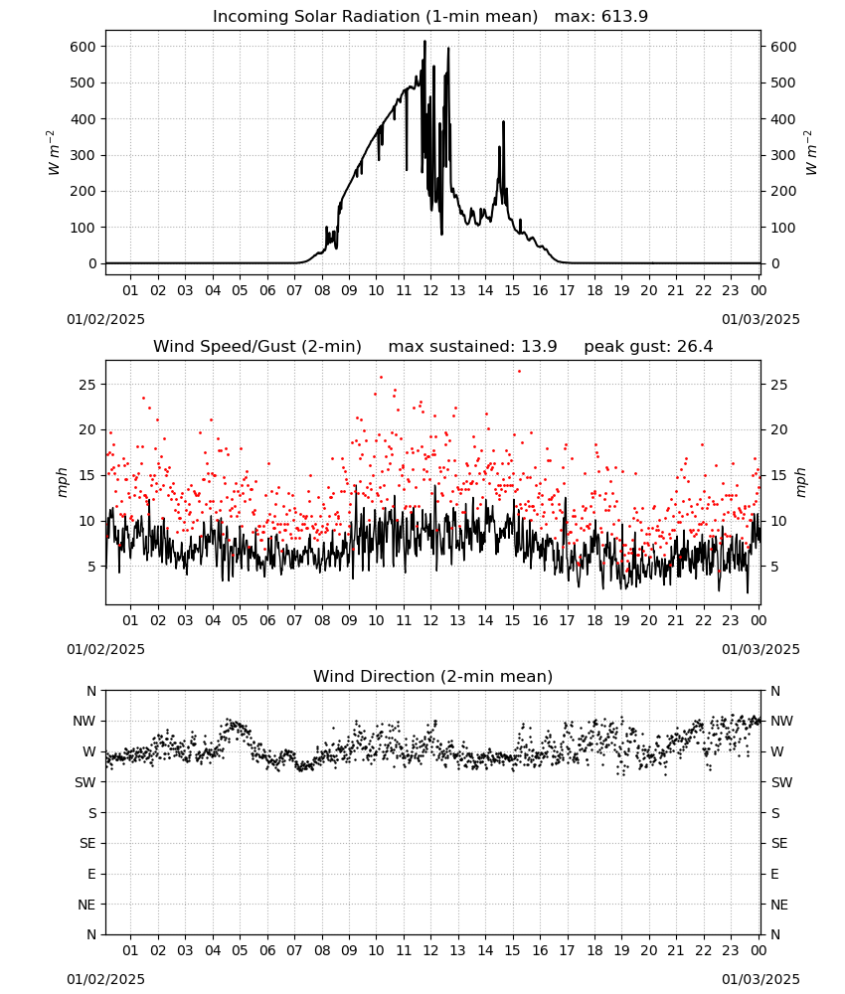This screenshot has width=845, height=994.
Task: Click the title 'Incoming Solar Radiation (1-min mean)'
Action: pyautogui.click(x=375, y=17)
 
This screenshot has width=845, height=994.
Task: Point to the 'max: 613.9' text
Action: pyautogui.click(x=601, y=17)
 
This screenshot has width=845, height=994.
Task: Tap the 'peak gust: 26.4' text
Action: pyautogui.click(x=648, y=347)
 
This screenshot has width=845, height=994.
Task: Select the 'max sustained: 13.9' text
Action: pyautogui.click(x=472, y=347)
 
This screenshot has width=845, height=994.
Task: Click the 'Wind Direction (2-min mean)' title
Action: pyautogui.click(x=433, y=676)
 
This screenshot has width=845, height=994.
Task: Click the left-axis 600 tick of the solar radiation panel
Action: pyautogui.click(x=84, y=47)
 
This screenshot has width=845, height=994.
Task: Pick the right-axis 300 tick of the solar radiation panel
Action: pyautogui.click(x=783, y=155)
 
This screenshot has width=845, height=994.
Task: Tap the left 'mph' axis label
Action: pyautogui.click(x=62, y=482)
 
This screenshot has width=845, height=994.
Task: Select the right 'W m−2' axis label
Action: pyautogui.click(x=811, y=153)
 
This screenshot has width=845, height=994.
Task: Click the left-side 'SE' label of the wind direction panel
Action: pyautogui.click(x=87, y=844)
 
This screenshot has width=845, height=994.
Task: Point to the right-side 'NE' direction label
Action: pyautogui.click(x=779, y=906)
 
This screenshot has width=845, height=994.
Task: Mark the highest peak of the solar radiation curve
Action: pyautogui.click(x=424, y=41)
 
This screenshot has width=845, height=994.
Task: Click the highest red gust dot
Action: pyautogui.click(x=519, y=372)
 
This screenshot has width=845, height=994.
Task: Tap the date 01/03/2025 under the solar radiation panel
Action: pyautogui.click(x=760, y=319)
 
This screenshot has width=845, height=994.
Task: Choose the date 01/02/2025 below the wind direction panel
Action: pyautogui.click(x=105, y=979)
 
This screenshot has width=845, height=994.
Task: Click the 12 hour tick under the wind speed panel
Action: pyautogui.click(x=431, y=620)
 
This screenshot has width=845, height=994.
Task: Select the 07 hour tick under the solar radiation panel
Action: pyautogui.click(x=294, y=291)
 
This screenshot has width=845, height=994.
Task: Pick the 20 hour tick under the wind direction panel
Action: pyautogui.click(x=649, y=951)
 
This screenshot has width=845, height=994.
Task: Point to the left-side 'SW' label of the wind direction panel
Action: pyautogui.click(x=85, y=783)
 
